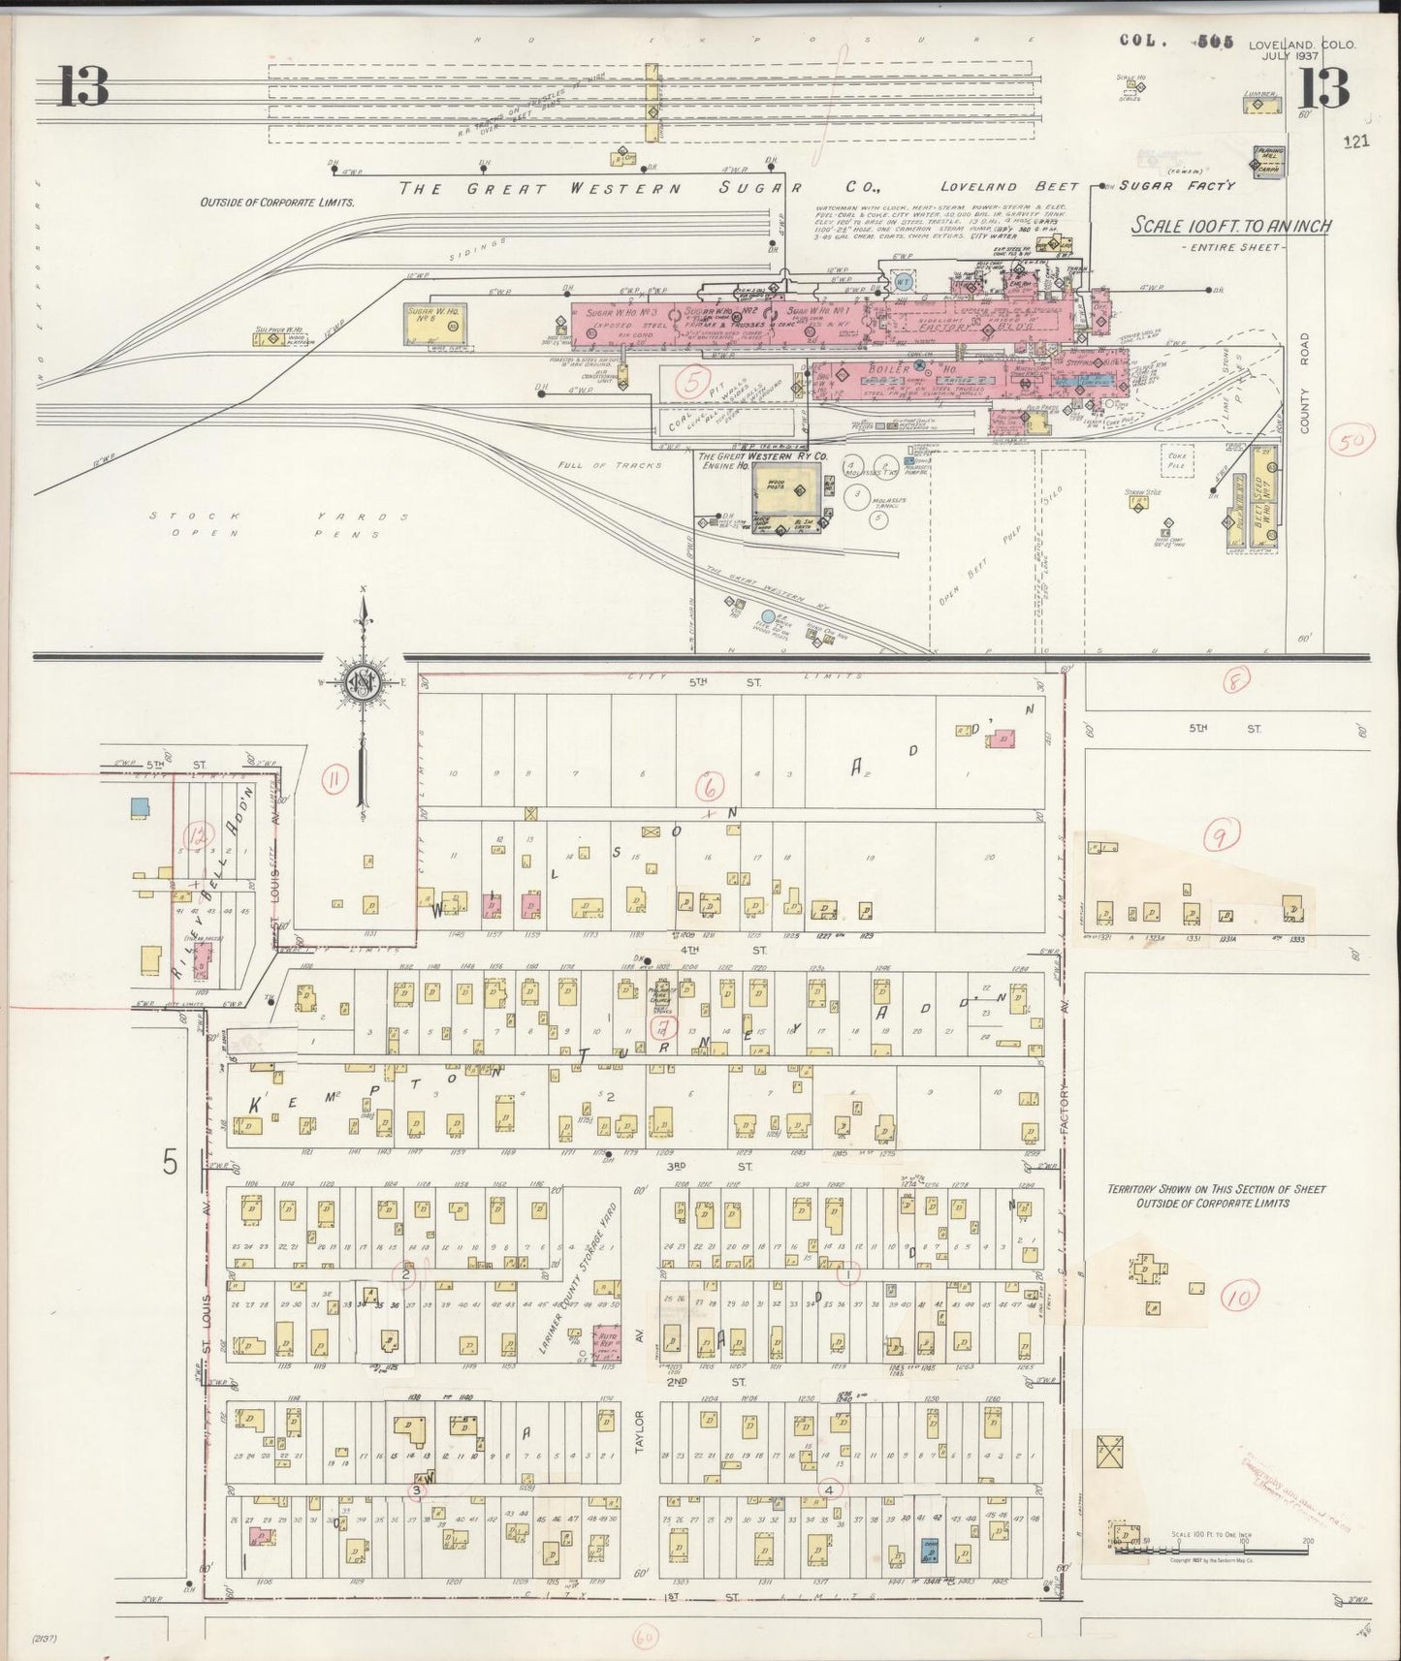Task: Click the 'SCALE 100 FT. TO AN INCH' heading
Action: (1231, 227)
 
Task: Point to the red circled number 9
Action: (1222, 830)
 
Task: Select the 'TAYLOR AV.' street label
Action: (638, 1417)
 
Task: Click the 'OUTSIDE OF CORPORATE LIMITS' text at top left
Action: (277, 204)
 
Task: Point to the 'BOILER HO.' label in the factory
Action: (889, 369)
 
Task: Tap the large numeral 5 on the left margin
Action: (171, 1163)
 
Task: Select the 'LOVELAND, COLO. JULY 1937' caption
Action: (1301, 49)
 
